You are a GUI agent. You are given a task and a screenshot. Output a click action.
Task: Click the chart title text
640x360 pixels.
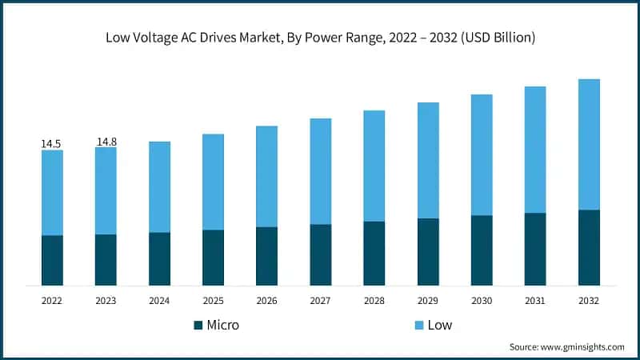[320, 38]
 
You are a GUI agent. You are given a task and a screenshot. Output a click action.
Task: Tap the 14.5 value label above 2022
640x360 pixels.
[51, 144]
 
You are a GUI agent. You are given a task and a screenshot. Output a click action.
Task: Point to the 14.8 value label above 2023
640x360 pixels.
[106, 142]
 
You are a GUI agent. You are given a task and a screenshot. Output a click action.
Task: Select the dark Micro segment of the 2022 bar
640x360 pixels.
[52, 260]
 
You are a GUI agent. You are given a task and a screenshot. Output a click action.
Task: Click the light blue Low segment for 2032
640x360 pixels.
[589, 144]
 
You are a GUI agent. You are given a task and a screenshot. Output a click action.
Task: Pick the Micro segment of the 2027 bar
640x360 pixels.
[320, 254]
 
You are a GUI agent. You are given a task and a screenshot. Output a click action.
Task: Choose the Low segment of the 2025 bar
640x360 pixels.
[213, 182]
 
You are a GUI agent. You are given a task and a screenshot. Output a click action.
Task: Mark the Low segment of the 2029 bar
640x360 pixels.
[428, 160]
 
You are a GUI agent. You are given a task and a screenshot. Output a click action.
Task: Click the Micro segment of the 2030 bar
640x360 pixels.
[482, 250]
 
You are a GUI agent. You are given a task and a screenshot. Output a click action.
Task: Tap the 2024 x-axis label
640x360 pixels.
[159, 301]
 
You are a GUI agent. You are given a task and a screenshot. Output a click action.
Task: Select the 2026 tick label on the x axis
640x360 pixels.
[266, 301]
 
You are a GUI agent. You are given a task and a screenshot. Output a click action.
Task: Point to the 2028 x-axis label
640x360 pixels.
[374, 301]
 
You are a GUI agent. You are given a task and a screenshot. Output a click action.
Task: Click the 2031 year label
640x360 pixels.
[535, 301]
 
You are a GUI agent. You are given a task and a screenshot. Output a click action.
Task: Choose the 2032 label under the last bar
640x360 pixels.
[589, 301]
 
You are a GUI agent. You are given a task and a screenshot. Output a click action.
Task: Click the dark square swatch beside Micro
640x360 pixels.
[198, 326]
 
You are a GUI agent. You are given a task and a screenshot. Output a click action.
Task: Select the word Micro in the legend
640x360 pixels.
[223, 326]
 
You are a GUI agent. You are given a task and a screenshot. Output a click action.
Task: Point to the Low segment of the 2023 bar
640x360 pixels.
[106, 190]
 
